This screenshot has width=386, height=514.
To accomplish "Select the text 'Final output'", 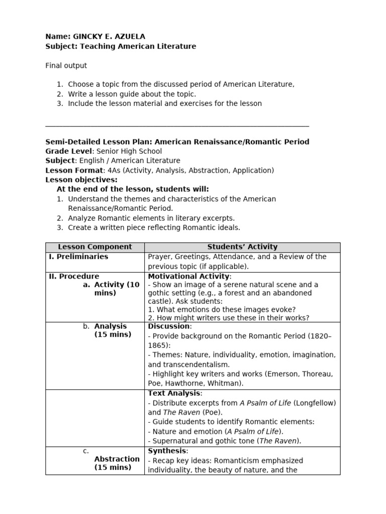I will click(66, 65).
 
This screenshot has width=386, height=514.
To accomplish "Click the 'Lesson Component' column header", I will click(95, 247).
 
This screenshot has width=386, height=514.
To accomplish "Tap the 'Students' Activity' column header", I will click(242, 247).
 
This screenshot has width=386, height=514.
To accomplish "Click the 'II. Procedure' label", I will click(74, 276).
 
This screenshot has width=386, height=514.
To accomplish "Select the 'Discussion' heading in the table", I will click(168, 326).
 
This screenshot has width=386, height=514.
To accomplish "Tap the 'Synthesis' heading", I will click(167, 451).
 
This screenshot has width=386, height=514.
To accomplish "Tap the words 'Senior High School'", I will click(129, 151).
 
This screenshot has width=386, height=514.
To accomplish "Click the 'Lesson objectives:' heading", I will click(81, 180).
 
